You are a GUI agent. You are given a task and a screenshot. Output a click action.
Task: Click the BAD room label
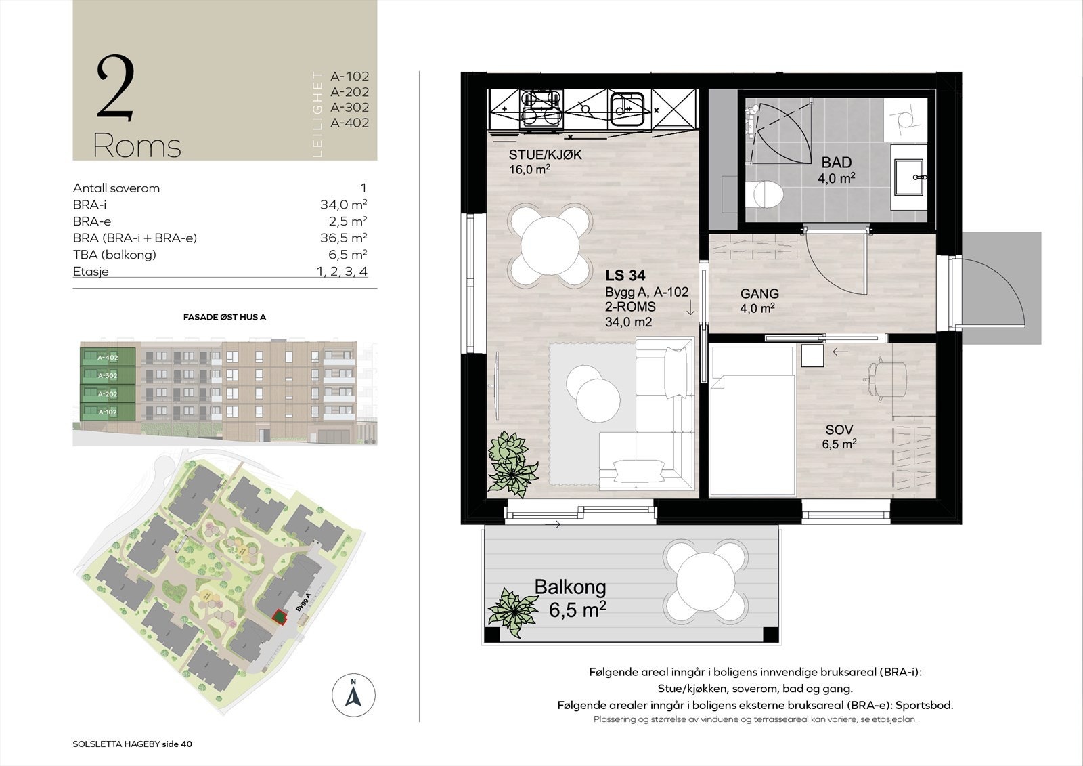836,163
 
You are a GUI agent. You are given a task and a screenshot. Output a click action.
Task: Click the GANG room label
759,293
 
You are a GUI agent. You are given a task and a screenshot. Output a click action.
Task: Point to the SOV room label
839,429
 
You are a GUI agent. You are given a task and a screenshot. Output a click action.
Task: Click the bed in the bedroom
751,427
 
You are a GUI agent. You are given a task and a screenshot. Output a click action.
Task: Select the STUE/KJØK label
545,155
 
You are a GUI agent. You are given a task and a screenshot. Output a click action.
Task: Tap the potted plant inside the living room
512,461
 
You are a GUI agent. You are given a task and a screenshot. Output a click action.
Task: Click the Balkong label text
570,587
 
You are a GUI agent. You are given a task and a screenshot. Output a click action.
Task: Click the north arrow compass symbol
353,695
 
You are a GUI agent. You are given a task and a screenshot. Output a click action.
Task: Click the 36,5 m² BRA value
343,238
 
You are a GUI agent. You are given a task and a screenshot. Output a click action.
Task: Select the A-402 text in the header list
349,123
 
